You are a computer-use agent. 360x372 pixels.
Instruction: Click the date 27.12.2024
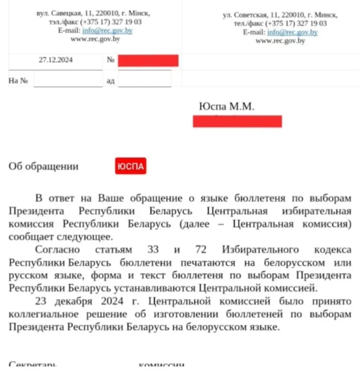(56, 60)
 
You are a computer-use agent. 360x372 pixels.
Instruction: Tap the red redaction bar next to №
(148, 61)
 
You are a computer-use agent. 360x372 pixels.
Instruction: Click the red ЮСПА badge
(130, 167)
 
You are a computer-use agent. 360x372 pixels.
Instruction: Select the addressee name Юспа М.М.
(227, 106)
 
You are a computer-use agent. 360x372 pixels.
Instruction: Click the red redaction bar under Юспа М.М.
(237, 121)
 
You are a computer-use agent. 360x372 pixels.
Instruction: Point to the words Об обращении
(44, 166)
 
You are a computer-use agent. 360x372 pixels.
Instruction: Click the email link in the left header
(107, 31)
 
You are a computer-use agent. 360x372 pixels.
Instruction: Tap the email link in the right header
(292, 32)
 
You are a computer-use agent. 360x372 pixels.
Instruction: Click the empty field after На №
(67, 80)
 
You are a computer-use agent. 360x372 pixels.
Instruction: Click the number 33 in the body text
(153, 249)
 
